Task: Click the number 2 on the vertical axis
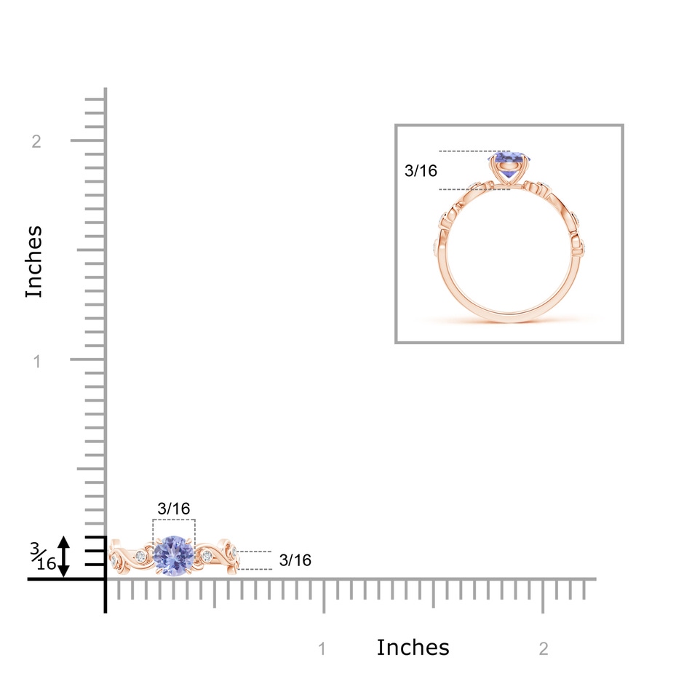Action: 36,141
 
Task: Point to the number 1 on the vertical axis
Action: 37,361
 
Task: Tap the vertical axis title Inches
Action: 33,262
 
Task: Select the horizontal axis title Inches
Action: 413,648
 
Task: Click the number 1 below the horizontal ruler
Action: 322,649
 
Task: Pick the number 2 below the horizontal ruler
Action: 544,649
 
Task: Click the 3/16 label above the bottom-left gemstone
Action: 174,509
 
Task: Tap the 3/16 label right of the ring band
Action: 295,560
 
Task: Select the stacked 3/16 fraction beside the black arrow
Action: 43,557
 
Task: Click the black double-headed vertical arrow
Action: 64,557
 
